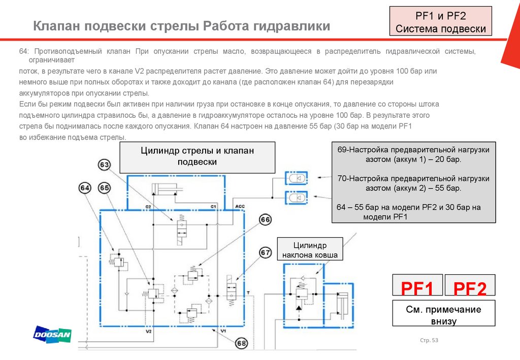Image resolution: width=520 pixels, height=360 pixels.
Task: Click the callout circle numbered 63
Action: click(x=105, y=165)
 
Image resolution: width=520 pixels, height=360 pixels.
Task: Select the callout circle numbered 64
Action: click(x=85, y=188)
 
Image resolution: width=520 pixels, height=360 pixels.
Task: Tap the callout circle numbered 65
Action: click(x=105, y=188)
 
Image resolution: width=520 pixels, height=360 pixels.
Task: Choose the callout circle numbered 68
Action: click(x=241, y=344)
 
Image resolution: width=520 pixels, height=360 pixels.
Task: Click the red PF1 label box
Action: click(x=417, y=288)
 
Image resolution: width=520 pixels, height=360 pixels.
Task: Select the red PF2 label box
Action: click(x=470, y=288)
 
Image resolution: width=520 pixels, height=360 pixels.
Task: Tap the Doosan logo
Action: click(x=52, y=334)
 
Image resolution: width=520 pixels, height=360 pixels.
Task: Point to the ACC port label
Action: click(x=240, y=206)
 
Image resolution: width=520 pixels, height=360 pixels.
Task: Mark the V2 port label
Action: click(x=149, y=332)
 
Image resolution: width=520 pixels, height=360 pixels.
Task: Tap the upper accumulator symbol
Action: click(x=296, y=178)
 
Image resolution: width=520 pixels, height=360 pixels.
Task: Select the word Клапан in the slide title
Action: click(x=56, y=26)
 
